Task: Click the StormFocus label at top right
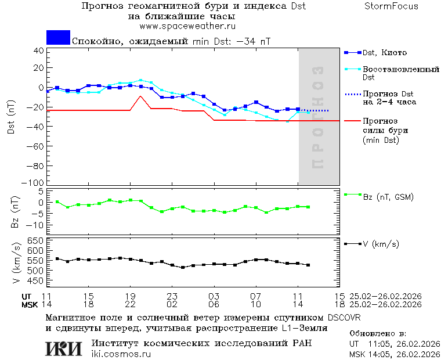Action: pos(391,6)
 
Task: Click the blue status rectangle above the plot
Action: pos(58,37)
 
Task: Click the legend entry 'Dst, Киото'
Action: pos(385,53)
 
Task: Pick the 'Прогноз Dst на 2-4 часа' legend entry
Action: pos(388,98)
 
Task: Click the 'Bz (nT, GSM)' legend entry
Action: pos(388,197)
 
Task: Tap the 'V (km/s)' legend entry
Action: pos(381,244)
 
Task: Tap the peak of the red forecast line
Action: pos(140,96)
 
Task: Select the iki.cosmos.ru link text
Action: pos(121,354)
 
